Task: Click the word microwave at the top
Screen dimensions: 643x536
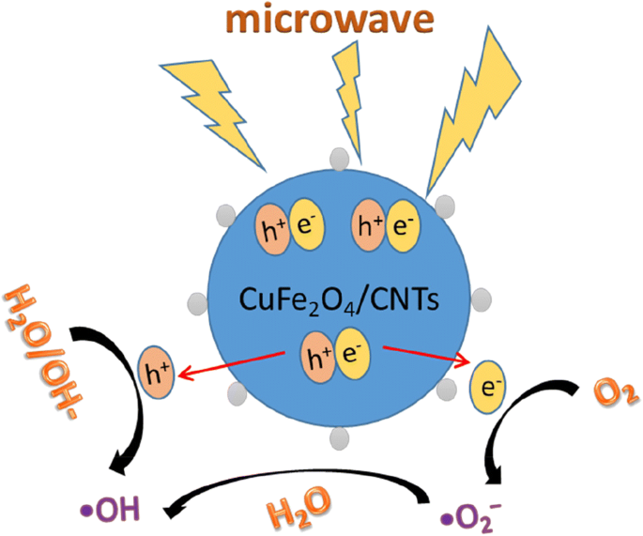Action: (x=322, y=20)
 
